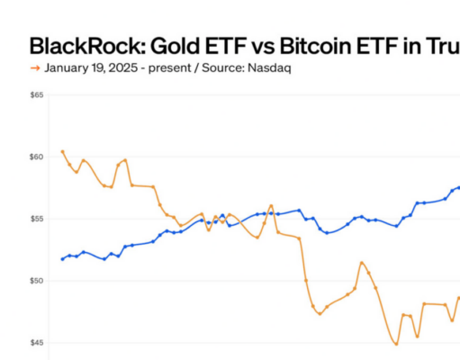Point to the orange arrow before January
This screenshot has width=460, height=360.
point(35,67)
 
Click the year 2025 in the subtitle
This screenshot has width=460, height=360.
point(117,67)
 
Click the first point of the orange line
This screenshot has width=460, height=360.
point(62,151)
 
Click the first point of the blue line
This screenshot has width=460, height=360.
point(62,259)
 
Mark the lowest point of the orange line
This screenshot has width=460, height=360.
point(396,344)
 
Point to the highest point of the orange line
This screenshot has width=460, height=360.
point(62,151)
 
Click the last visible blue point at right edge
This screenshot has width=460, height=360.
point(458,188)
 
